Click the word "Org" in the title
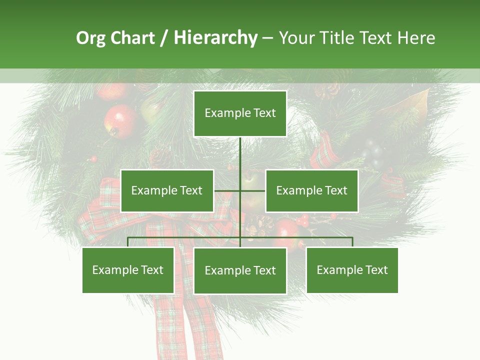[90, 38]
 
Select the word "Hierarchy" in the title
[215, 38]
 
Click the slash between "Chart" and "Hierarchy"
[164, 38]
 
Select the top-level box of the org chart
[240, 113]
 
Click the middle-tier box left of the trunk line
[167, 190]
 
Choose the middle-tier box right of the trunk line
[311, 190]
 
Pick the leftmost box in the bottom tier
[128, 270]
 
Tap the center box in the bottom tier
[240, 270]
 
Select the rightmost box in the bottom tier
[352, 270]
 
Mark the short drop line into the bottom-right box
[352, 242]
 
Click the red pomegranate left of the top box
[120, 120]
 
